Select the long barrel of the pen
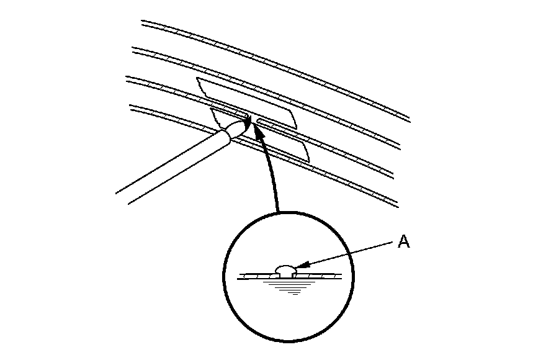(174, 165)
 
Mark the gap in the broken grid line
(253, 118)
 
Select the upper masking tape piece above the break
(248, 99)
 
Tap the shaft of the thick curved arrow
(271, 180)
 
